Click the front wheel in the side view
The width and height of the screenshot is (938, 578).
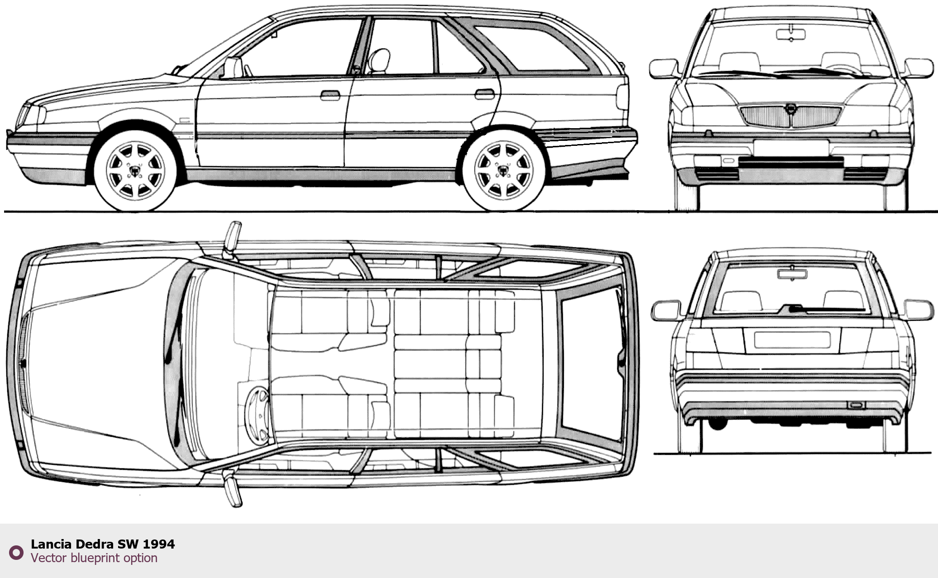pyautogui.click(x=135, y=170)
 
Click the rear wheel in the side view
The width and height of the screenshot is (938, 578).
pyautogui.click(x=503, y=170)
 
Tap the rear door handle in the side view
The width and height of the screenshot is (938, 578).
pyautogui.click(x=485, y=94)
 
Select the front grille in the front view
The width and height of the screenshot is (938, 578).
pyautogui.click(x=791, y=116)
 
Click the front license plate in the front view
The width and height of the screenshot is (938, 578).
pyautogui.click(x=791, y=147)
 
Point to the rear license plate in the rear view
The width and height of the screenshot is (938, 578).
pyautogui.click(x=792, y=340)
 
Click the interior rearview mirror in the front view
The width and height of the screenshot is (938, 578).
pyautogui.click(x=791, y=34)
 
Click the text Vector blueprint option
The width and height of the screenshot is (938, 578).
pyautogui.click(x=94, y=558)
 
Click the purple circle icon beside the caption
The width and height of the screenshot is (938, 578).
pyautogui.click(x=17, y=552)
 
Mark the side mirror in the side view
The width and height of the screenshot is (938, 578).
pyautogui.click(x=233, y=67)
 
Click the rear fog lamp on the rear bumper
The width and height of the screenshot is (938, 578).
pyautogui.click(x=856, y=405)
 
